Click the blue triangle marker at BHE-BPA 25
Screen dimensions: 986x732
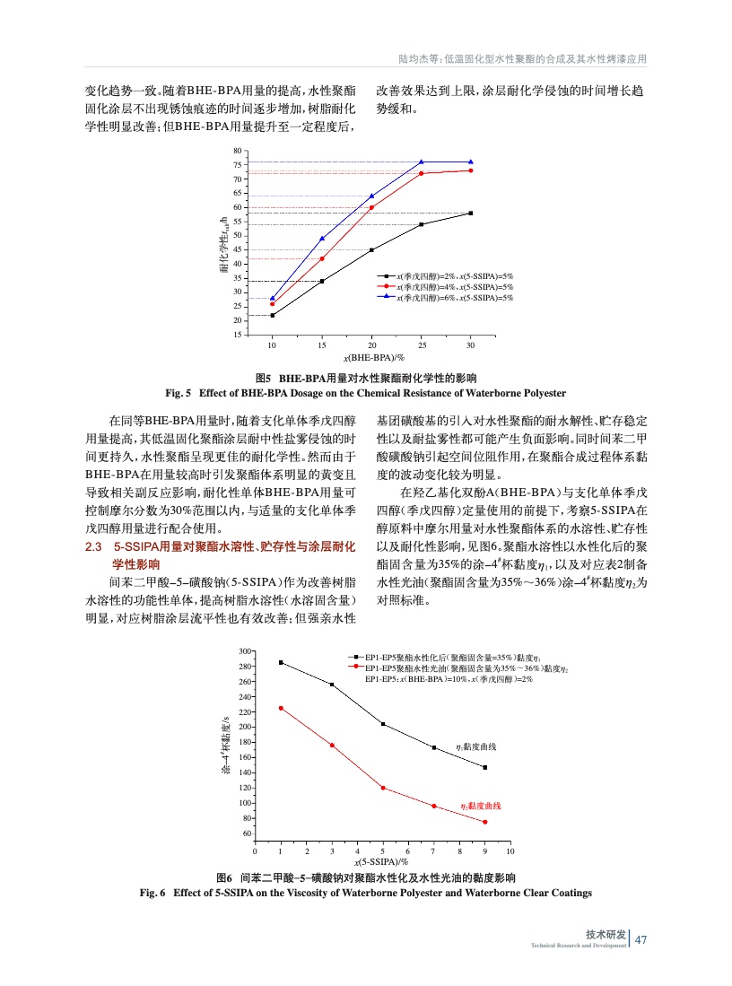422,162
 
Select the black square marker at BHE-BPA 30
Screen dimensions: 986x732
471,213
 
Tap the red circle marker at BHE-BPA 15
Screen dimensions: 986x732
322,258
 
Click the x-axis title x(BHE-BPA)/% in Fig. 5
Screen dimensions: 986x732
371,357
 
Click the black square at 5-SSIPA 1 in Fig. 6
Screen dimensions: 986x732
281,662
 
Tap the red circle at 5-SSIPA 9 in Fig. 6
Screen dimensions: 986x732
485,822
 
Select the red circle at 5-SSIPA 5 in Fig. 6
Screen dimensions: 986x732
383,788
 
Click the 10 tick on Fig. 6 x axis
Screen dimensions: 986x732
510,850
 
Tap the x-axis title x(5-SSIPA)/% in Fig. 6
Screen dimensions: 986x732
383,861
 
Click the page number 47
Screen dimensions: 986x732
640,939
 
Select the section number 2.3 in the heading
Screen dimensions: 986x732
93,546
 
